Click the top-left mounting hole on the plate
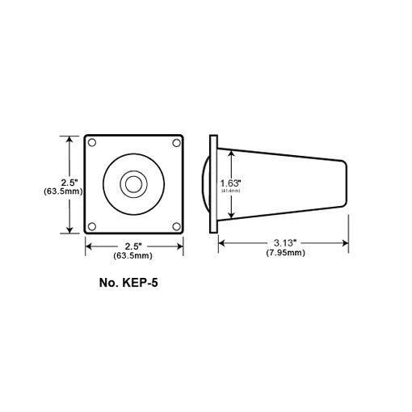[x=93, y=143]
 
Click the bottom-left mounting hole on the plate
[x=93, y=225]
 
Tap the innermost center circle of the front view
[x=131, y=184]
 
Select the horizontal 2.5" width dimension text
[x=133, y=246]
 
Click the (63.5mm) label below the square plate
[x=133, y=256]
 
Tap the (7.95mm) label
[x=285, y=253]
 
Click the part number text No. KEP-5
[x=132, y=284]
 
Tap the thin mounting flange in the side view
[x=212, y=184]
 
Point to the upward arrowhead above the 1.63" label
[x=233, y=154]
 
